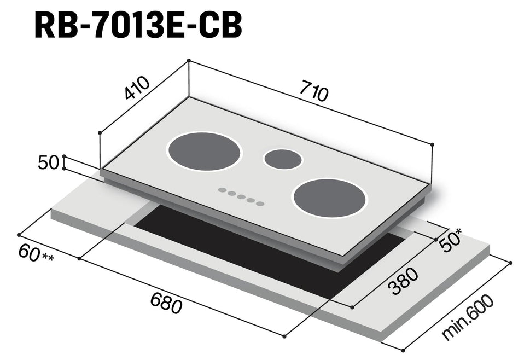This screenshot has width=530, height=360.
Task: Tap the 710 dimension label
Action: [x=313, y=92]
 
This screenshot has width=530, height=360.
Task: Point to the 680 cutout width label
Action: [x=165, y=303]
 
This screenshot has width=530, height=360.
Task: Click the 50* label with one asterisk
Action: [x=452, y=242]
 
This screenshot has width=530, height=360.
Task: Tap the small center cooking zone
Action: [x=282, y=159]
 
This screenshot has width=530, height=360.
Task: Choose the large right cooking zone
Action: [x=330, y=198]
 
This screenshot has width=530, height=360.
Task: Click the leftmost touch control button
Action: [x=222, y=190]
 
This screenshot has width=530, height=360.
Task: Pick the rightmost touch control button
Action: [x=260, y=204]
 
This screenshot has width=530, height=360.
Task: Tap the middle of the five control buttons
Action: [x=241, y=197]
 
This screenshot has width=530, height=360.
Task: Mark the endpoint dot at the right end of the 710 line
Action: [x=432, y=144]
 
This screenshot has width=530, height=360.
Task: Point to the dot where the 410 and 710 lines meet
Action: [x=188, y=60]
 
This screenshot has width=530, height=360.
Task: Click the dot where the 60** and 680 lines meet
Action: [x=79, y=258]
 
